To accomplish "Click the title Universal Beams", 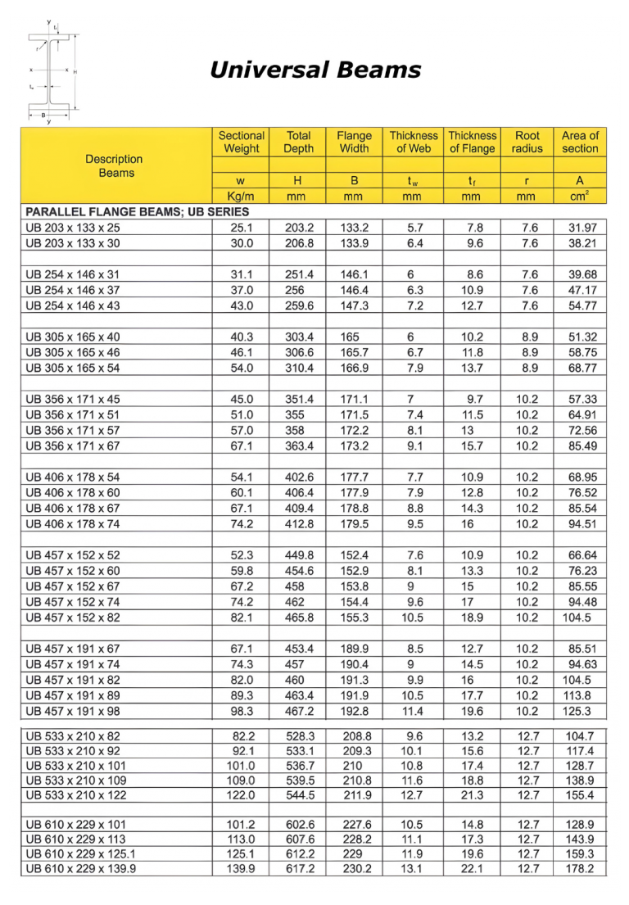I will (x=315, y=70).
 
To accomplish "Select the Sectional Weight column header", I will (x=241, y=142).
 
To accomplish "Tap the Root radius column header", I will (x=527, y=142).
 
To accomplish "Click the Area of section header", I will (x=580, y=142).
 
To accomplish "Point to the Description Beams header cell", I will (x=114, y=165).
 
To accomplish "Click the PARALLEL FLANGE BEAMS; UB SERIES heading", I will (x=137, y=211).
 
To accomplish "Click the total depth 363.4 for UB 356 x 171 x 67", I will (x=299, y=446).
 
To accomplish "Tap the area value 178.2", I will (x=580, y=869).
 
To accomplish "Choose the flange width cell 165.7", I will (x=354, y=352).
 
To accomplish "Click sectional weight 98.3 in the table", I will (x=242, y=711).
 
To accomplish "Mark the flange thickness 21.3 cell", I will (x=472, y=795).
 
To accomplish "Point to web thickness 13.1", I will (x=414, y=869).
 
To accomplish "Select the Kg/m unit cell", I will (x=241, y=197).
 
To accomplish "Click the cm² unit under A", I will (x=580, y=197).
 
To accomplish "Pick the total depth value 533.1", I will (x=299, y=751).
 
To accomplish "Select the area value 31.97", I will (x=582, y=228).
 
